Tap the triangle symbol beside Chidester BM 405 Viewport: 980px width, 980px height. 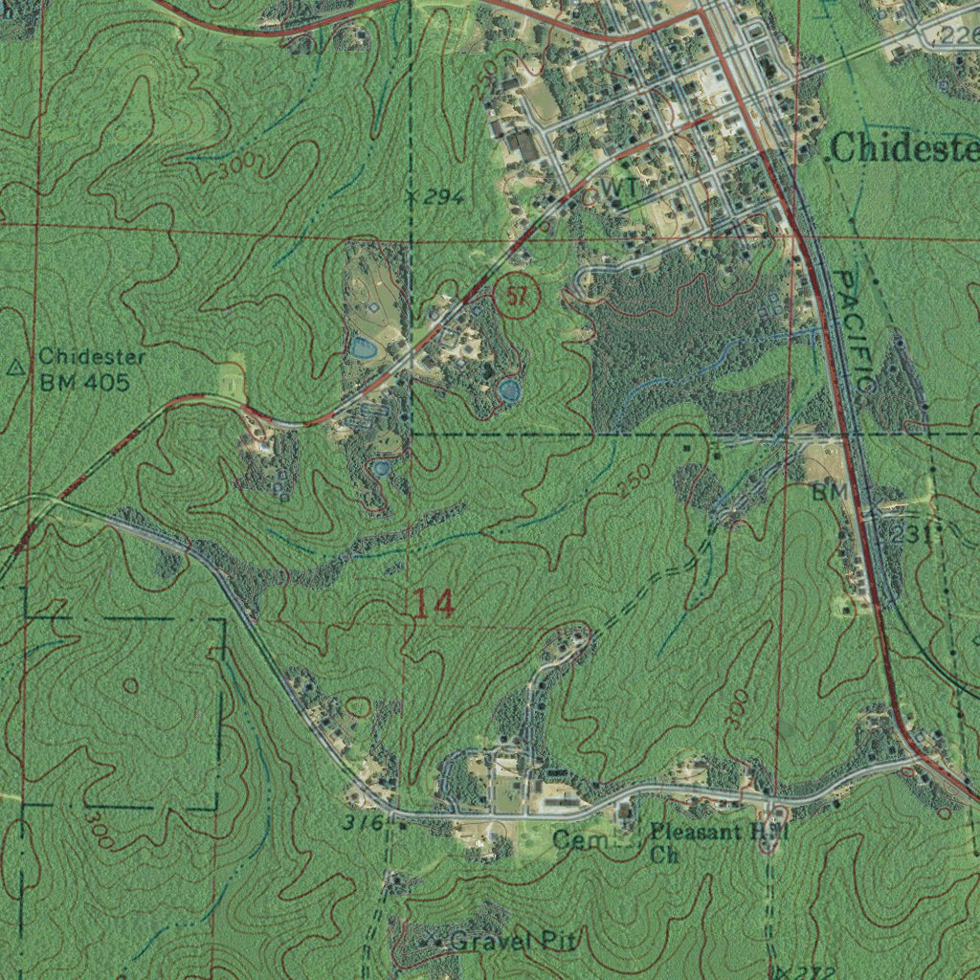tap(15, 367)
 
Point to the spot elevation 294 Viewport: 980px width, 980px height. tap(443, 198)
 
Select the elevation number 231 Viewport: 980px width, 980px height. tap(908, 534)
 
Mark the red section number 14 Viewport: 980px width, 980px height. tap(434, 604)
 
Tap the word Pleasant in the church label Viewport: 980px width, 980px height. tap(696, 831)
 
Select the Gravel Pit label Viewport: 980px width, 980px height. tap(513, 942)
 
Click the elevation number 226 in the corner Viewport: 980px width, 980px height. tap(959, 35)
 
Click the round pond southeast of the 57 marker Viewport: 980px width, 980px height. tap(508, 390)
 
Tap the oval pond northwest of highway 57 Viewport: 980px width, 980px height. tap(363, 347)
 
